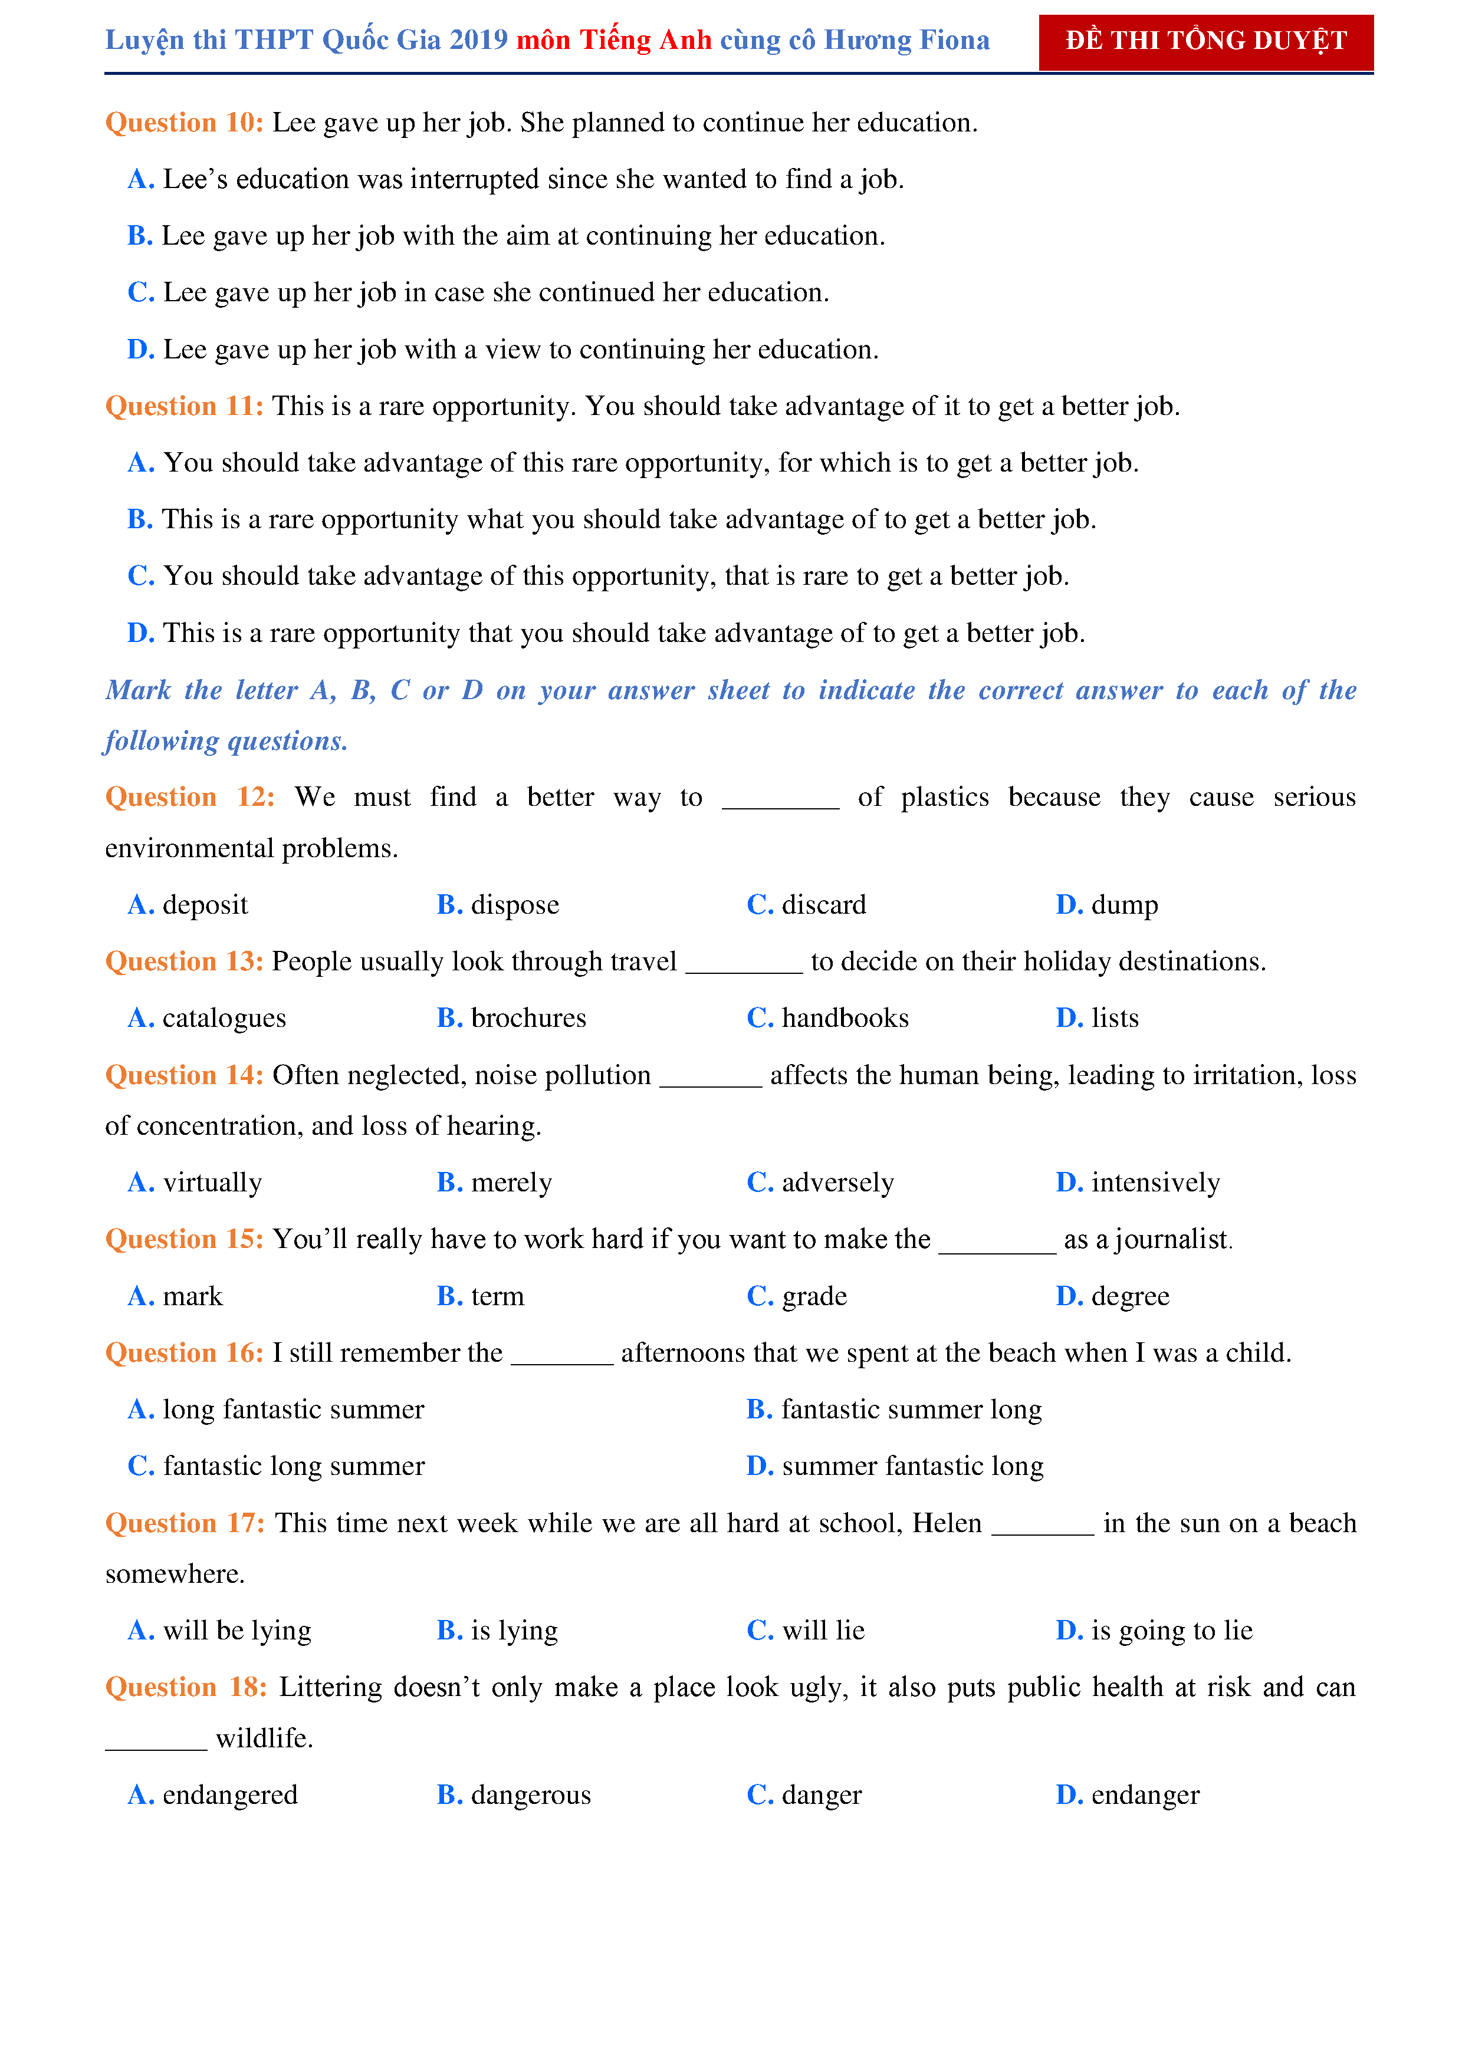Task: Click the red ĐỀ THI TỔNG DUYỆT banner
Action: pyautogui.click(x=1205, y=41)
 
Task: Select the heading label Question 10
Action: pyautogui.click(x=184, y=123)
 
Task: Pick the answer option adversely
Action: pyautogui.click(x=837, y=1182)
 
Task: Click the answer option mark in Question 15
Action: pyautogui.click(x=192, y=1296)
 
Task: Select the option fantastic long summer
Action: pyautogui.click(x=293, y=1466)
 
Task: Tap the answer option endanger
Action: pyautogui.click(x=1145, y=1795)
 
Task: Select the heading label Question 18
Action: pyautogui.click(x=186, y=1687)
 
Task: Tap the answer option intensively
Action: pyautogui.click(x=1155, y=1182)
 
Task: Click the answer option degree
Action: pyautogui.click(x=1129, y=1296)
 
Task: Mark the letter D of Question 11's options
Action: pyautogui.click(x=140, y=633)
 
